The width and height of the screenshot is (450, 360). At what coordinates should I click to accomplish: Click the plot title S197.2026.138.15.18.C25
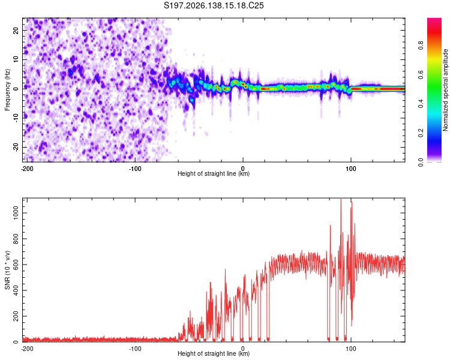214,5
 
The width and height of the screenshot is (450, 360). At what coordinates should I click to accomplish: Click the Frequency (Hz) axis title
7,90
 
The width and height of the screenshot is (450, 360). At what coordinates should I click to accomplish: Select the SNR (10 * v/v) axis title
7,270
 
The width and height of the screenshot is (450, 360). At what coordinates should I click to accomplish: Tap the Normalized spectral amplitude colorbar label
445,90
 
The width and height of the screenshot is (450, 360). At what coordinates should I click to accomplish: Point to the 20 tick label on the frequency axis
16,31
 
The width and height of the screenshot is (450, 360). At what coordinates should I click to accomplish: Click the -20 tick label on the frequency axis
16,148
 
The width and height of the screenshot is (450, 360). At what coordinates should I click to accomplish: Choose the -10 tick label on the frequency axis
16,118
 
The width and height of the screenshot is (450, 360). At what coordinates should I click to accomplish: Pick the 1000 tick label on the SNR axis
16,213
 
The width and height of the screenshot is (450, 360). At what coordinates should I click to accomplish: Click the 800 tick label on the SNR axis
16,239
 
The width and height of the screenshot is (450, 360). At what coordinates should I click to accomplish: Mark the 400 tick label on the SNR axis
16,290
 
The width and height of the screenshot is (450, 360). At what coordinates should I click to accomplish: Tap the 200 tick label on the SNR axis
16,316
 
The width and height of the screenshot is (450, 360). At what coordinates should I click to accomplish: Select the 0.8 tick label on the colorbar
421,46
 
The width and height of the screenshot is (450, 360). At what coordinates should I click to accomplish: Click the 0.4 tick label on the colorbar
421,104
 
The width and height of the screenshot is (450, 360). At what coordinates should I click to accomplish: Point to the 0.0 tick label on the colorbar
421,162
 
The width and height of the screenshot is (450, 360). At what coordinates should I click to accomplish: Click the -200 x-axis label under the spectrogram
27,169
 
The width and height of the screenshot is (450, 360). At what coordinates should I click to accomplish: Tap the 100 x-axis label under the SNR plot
351,349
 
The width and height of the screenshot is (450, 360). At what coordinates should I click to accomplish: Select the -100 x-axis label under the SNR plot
135,349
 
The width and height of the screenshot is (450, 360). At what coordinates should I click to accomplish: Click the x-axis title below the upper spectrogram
214,173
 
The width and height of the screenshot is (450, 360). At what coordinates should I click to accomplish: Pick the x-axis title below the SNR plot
214,353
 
